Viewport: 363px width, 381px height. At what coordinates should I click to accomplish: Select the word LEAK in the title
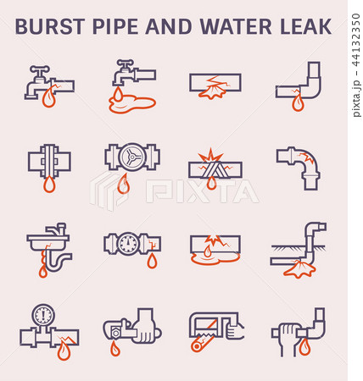coord(306,27)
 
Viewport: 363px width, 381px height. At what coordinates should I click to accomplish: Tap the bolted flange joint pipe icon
coord(48,161)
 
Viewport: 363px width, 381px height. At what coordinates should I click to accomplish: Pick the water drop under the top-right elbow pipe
coord(297,103)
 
